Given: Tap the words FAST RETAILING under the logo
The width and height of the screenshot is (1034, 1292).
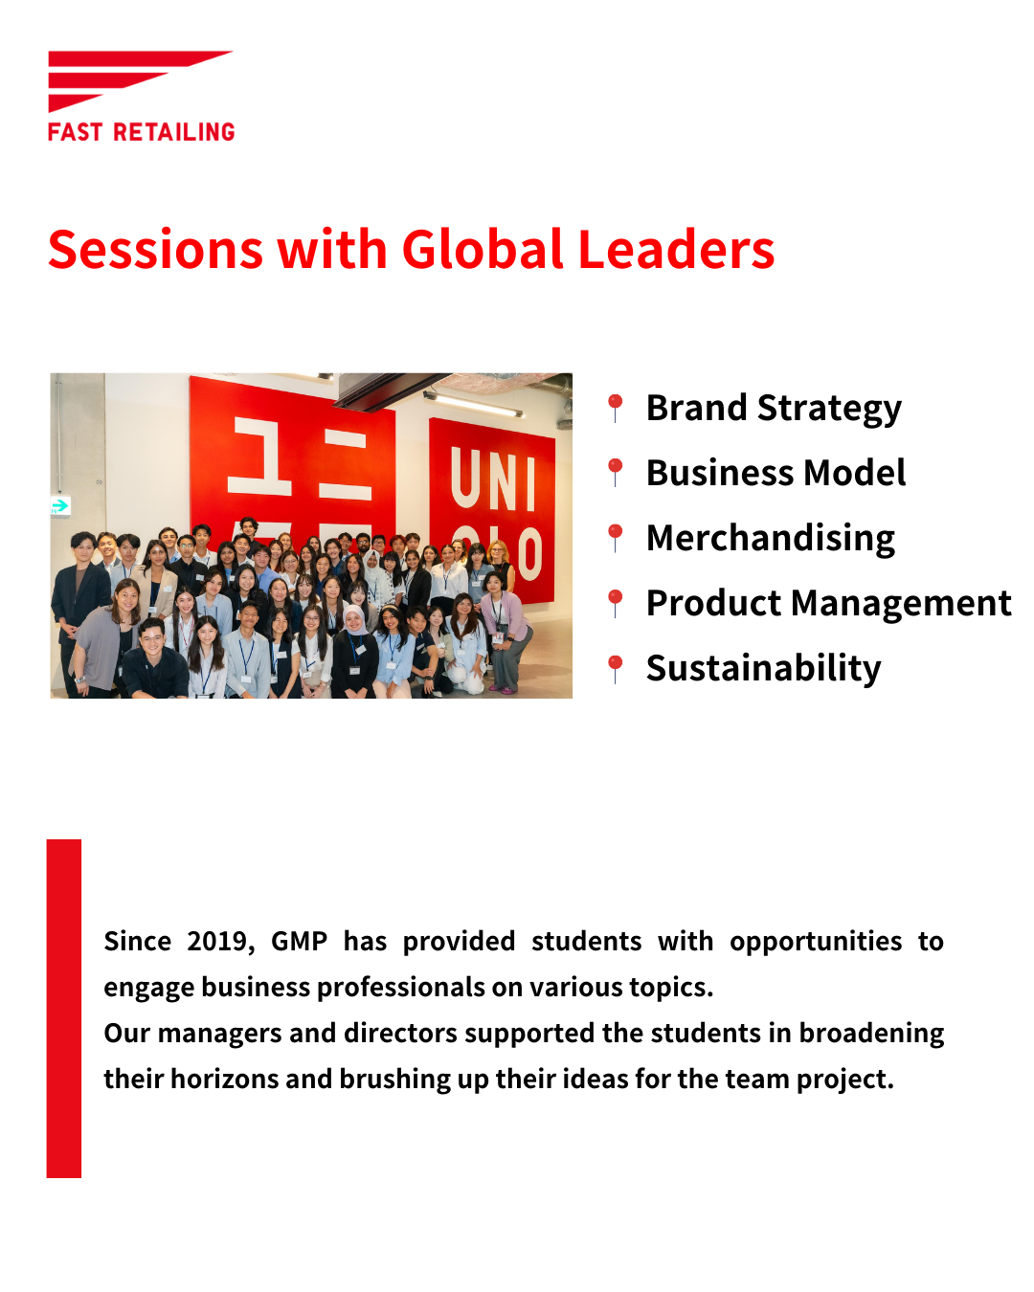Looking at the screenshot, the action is click(141, 132).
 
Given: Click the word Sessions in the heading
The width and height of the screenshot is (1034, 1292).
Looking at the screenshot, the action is click(156, 249).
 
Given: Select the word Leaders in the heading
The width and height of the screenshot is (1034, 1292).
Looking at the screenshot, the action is click(676, 249).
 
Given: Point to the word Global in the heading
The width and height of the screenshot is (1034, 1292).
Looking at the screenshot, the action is click(483, 249).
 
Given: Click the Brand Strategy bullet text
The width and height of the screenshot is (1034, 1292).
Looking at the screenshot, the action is click(774, 410).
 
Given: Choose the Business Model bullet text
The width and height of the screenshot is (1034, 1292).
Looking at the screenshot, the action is click(775, 473).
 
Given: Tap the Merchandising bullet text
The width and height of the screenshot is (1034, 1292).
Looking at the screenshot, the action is click(771, 539).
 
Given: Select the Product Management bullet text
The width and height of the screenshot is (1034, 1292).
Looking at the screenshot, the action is click(828, 603).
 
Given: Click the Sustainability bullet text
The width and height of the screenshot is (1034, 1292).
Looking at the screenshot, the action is click(763, 669).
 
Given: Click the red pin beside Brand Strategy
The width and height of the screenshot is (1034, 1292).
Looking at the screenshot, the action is click(615, 409).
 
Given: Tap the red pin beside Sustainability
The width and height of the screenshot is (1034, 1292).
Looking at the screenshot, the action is click(615, 669).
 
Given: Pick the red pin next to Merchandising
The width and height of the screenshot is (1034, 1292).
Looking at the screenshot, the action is click(615, 539).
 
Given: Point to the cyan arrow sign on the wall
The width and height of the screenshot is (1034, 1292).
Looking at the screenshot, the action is click(60, 506).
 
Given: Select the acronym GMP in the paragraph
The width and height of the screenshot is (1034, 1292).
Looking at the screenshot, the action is click(299, 941).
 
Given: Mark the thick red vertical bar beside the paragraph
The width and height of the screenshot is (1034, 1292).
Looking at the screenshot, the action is click(64, 1009).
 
